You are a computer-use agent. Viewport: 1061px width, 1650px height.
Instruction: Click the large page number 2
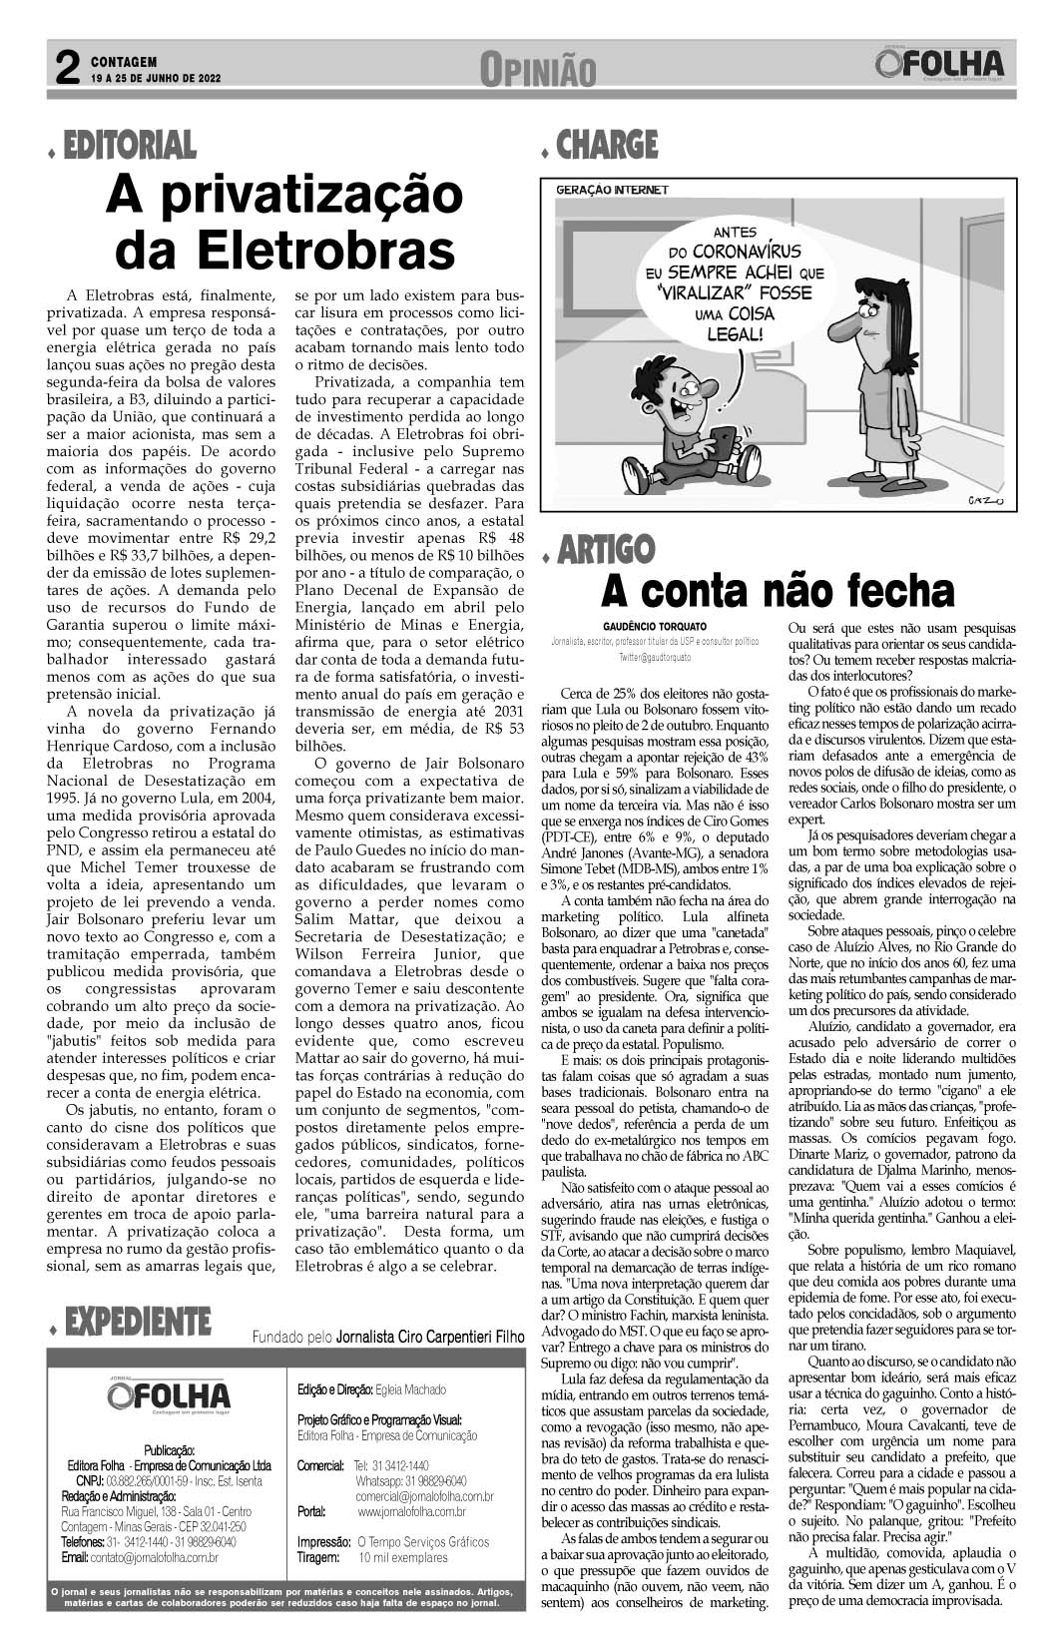65,69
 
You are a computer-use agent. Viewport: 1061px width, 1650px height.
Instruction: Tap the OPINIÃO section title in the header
537,70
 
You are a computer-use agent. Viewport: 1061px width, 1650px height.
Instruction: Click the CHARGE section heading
607,146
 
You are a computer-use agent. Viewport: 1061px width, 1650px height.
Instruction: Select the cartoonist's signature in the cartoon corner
987,499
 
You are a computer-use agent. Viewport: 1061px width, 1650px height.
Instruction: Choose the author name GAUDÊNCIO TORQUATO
655,626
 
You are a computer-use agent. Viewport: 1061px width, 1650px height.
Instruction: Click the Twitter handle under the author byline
654,659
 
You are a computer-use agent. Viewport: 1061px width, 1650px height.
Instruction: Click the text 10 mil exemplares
403,1557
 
